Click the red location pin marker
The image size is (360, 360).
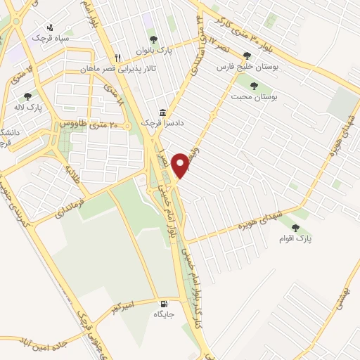181,164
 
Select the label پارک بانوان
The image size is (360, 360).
154,50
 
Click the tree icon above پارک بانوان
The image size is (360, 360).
154,39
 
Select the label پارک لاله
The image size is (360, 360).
27,108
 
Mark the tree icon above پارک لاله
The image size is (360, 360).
27,96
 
